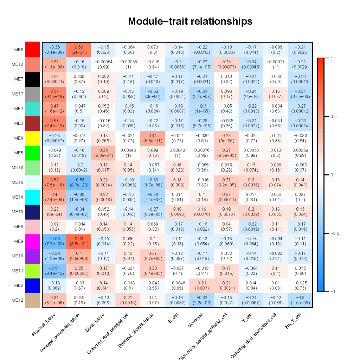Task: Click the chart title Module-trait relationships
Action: click(x=190, y=21)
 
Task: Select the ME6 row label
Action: click(x=19, y=50)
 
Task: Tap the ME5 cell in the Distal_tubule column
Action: click(x=103, y=153)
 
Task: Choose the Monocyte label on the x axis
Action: click(x=195, y=320)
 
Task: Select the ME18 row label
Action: click(x=18, y=167)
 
